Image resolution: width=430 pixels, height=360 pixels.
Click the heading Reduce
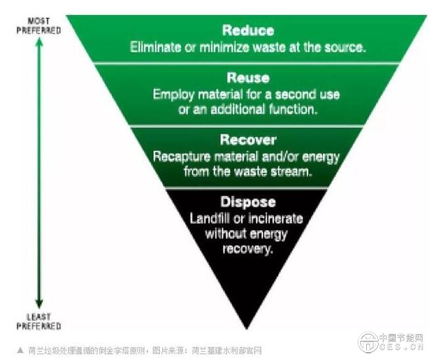coord(248,30)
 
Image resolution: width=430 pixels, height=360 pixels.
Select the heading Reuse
coord(247,78)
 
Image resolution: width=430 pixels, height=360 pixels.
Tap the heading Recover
coord(248,140)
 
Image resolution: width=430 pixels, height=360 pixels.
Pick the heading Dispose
coord(248,202)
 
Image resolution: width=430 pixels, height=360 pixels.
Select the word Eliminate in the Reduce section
coord(155,47)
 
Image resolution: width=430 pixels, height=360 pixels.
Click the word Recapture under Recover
coord(179,157)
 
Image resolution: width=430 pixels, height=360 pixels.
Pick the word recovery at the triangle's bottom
coord(247,249)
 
